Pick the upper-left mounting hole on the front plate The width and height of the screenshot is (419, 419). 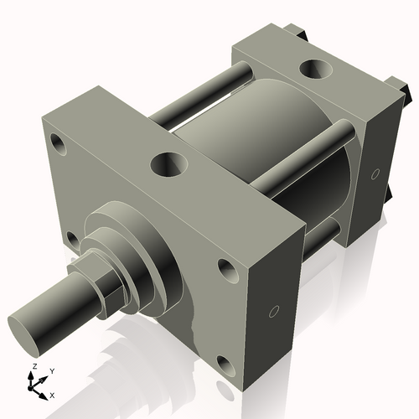[58, 142]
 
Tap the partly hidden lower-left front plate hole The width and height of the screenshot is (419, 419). [73, 240]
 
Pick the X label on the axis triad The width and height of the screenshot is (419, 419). [52, 394]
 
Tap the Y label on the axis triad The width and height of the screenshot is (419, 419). [51, 370]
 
